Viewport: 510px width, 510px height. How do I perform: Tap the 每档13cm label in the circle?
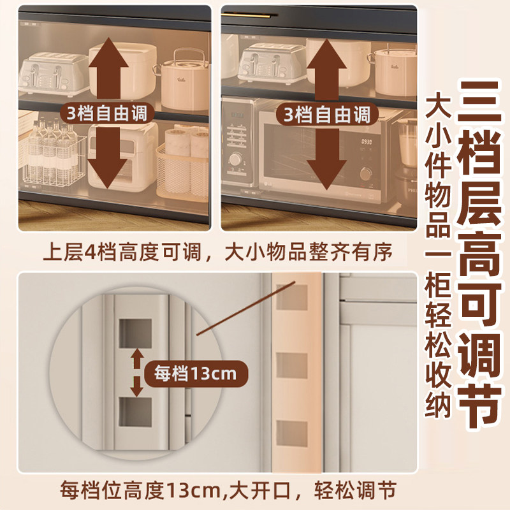pos(191,373)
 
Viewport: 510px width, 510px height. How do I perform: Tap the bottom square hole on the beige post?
pos(290,433)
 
